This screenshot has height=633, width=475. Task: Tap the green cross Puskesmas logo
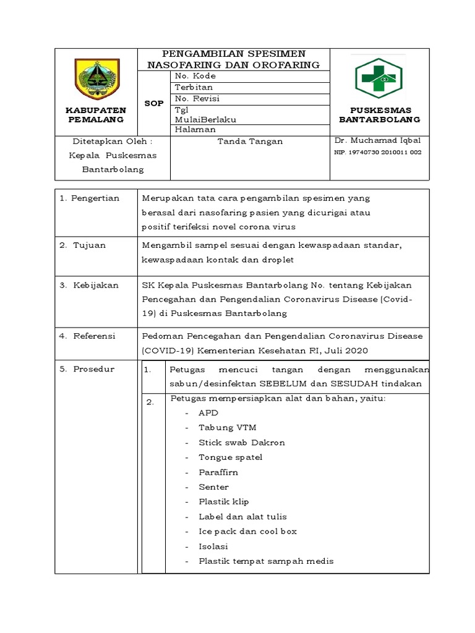[378, 79]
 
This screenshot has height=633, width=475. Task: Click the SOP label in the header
[154, 103]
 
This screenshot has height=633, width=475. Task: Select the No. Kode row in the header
[195, 76]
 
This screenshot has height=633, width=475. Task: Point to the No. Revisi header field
[197, 98]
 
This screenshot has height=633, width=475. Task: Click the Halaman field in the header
[195, 130]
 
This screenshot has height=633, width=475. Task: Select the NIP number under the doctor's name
[378, 152]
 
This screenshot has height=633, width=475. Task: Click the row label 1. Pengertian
[89, 198]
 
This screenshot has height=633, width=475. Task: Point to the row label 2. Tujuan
[83, 245]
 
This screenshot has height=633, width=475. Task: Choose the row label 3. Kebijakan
[88, 285]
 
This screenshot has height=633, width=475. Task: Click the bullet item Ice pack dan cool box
[247, 532]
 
